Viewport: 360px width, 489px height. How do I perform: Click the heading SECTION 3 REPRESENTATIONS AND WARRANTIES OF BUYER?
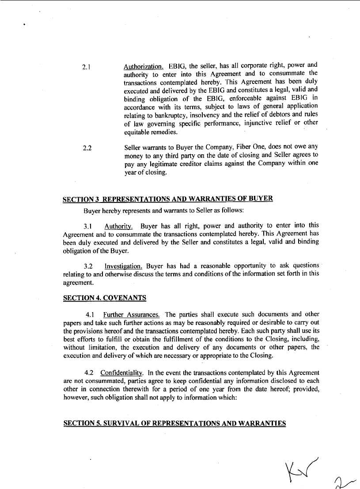click(x=168, y=199)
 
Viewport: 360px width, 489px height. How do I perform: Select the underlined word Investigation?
click(x=123, y=266)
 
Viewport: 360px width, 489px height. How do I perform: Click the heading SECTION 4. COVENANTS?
click(x=105, y=298)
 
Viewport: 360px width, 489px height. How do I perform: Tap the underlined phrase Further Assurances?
click(x=131, y=315)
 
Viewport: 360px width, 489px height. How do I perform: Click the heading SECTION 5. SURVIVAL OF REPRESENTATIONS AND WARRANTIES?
click(x=174, y=423)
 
